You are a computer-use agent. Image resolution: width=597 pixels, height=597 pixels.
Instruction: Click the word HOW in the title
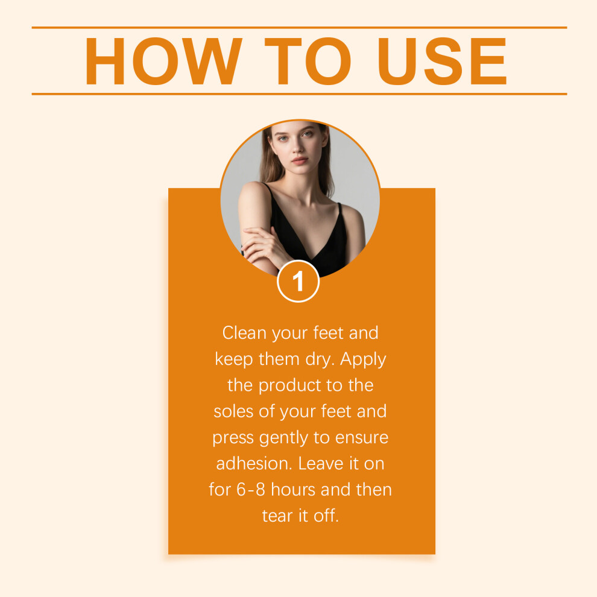pos(163,61)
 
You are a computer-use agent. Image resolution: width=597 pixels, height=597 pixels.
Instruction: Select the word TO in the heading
pos(308,61)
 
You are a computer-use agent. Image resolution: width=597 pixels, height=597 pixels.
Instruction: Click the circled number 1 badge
pos(298,282)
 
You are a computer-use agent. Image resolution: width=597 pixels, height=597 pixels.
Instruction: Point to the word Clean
pos(244,333)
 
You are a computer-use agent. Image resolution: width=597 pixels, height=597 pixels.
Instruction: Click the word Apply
pos(363,360)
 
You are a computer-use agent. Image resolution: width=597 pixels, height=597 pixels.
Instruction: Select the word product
pos(289,386)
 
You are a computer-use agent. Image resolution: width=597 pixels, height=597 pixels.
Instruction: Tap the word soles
pos(233,412)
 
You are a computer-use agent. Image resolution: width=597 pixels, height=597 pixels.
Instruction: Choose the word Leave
pos(321,464)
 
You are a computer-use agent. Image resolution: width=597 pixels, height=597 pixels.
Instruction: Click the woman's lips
pos(300,160)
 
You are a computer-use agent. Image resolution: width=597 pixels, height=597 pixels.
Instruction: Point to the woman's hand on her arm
pos(263,244)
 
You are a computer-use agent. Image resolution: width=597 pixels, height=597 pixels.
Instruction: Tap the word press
pos(233,438)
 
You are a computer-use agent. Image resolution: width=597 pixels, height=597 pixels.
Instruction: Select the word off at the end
pos(326,516)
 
